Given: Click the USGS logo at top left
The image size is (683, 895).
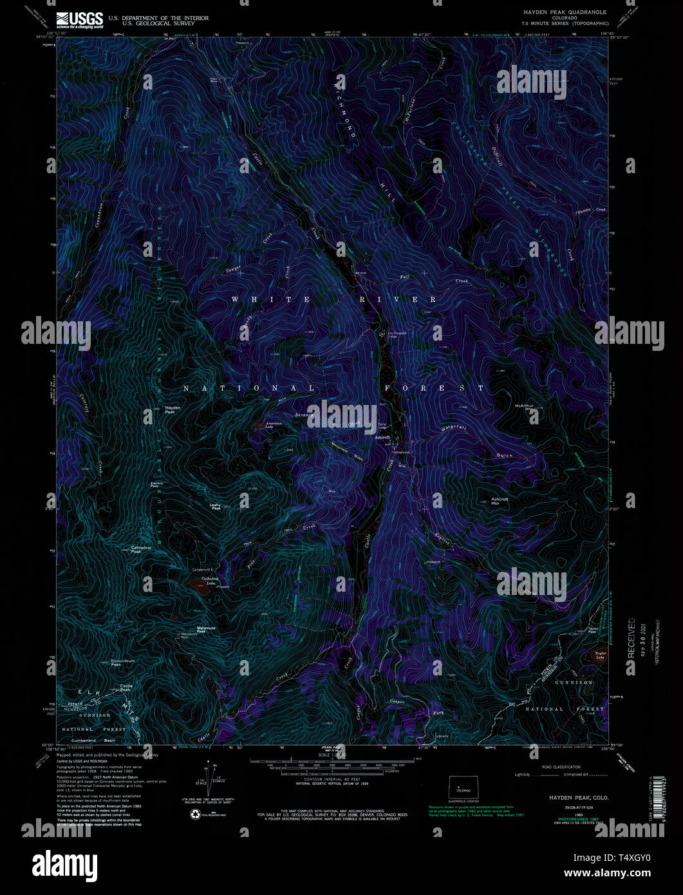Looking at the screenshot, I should point(79,20).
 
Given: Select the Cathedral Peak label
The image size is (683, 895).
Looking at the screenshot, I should point(140,549).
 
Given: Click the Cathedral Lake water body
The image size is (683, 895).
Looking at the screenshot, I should point(194,585).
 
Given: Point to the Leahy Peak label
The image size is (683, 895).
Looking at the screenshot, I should point(216,507).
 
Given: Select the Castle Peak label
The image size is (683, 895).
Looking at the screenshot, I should point(126,688).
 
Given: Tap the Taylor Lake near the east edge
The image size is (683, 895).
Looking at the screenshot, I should point(599,656).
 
